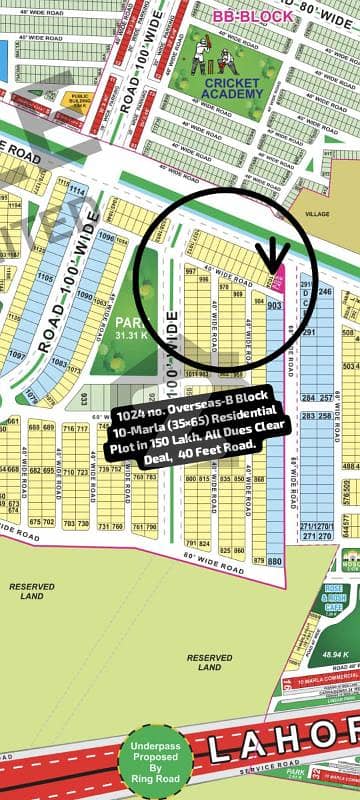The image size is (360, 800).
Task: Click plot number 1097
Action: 14,355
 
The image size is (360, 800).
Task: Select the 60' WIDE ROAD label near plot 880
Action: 215,565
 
